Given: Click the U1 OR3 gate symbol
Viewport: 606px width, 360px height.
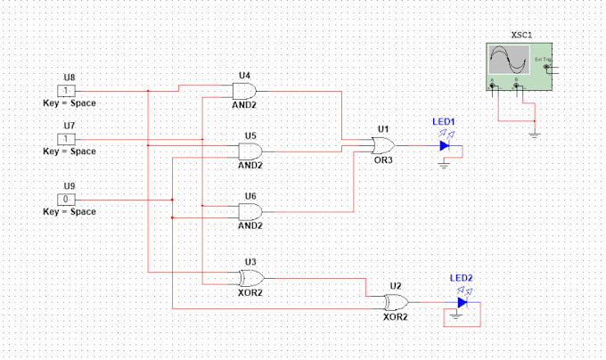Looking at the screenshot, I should coord(384,144).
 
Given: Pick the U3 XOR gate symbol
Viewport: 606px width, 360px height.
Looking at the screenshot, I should coord(251,277).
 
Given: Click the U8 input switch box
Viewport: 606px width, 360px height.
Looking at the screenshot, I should coord(69,91).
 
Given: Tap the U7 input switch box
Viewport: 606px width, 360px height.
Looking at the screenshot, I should coord(69,139).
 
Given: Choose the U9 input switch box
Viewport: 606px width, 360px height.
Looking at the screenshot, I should coord(69,199).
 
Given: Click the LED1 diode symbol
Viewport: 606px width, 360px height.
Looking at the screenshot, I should coord(444,144).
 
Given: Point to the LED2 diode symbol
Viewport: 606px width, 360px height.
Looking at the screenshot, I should coord(462,302).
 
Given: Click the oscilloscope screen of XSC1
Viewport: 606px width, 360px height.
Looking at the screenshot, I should coord(508,62).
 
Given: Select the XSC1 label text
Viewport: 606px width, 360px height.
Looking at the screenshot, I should coord(521,35).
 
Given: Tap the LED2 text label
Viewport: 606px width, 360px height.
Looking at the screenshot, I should coord(461,278).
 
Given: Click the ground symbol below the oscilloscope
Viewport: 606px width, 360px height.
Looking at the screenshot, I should coord(534,135).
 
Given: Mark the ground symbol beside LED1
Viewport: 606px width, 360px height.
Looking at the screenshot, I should coord(444,163).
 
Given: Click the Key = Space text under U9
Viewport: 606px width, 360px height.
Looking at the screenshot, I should coord(70,211).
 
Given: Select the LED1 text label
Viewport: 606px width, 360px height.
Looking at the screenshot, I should coord(444,121).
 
